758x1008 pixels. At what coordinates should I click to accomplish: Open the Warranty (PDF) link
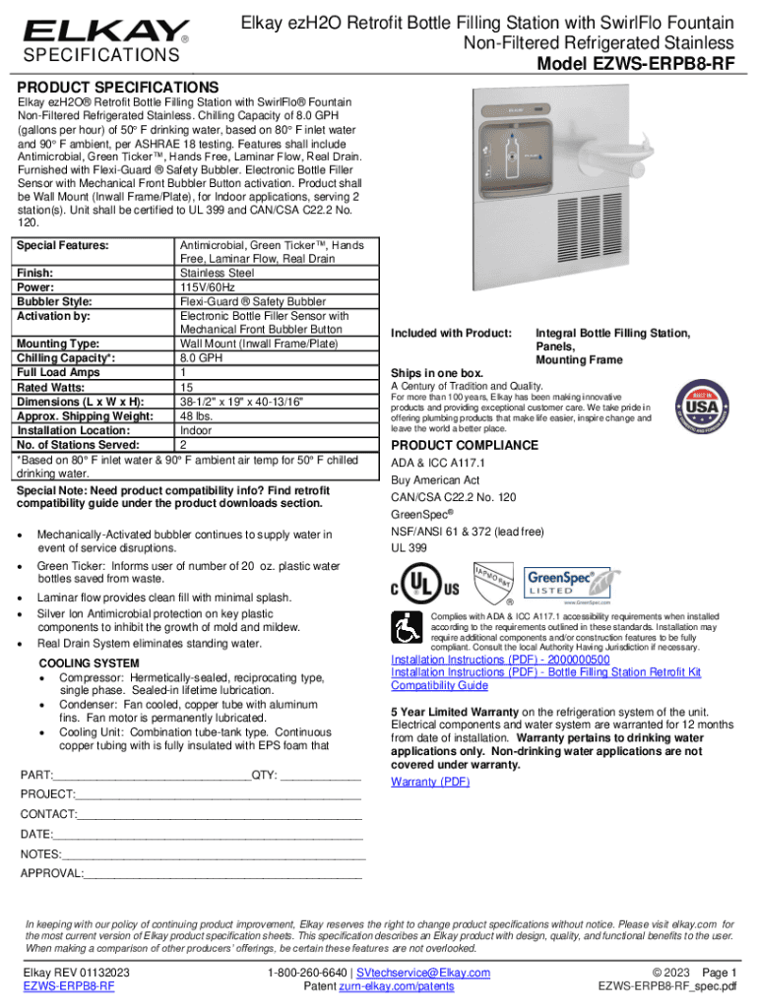[430, 782]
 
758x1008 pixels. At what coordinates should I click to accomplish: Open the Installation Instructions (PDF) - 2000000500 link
[500, 660]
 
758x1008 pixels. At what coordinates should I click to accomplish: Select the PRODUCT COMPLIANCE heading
[465, 445]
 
